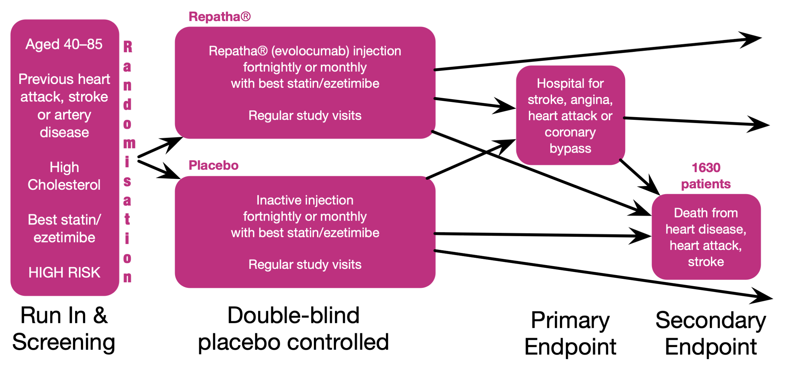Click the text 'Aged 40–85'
point(64,44)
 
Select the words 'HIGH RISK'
point(64,273)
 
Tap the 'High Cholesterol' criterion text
point(64,176)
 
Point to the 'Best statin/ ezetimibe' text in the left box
point(64,229)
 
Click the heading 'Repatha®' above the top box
point(219,17)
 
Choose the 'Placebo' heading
point(213,165)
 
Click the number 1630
point(706,168)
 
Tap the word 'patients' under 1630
point(706,184)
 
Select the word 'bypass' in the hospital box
point(570,149)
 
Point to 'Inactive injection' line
point(305,200)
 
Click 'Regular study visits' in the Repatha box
point(305,116)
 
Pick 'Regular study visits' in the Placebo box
point(305,265)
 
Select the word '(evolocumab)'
point(310,51)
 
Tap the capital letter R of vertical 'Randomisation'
point(127,47)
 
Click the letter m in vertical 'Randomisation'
point(129,143)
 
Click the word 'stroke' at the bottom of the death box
point(706,262)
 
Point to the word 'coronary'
point(570,133)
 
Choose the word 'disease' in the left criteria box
point(64,133)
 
